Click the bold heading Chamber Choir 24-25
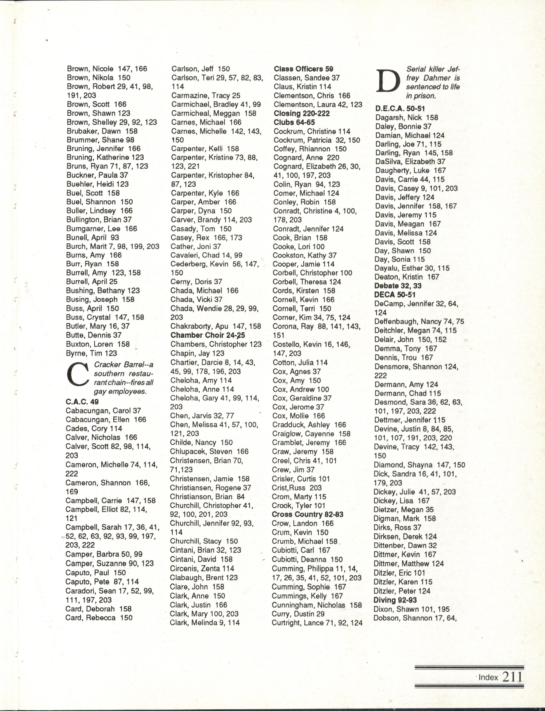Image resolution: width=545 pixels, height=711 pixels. [208, 335]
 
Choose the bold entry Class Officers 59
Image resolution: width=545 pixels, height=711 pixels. [303, 69]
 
